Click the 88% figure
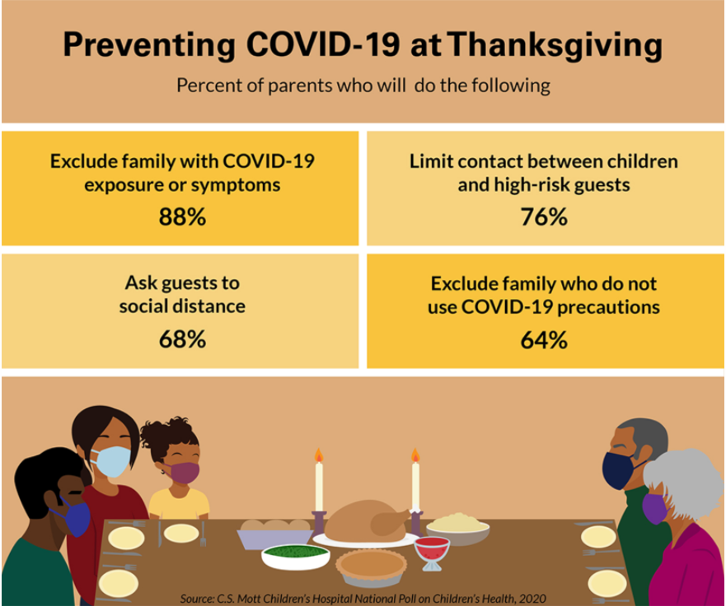181,217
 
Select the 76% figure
544,217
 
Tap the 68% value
181,339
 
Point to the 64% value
544,339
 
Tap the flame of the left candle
318,455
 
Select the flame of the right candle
415,455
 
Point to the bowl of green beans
295,555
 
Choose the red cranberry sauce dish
432,548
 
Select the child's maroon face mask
185,472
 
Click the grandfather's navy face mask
617,470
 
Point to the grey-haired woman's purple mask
654,507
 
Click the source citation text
363,598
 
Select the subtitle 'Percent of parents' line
363,86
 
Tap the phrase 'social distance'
181,306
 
